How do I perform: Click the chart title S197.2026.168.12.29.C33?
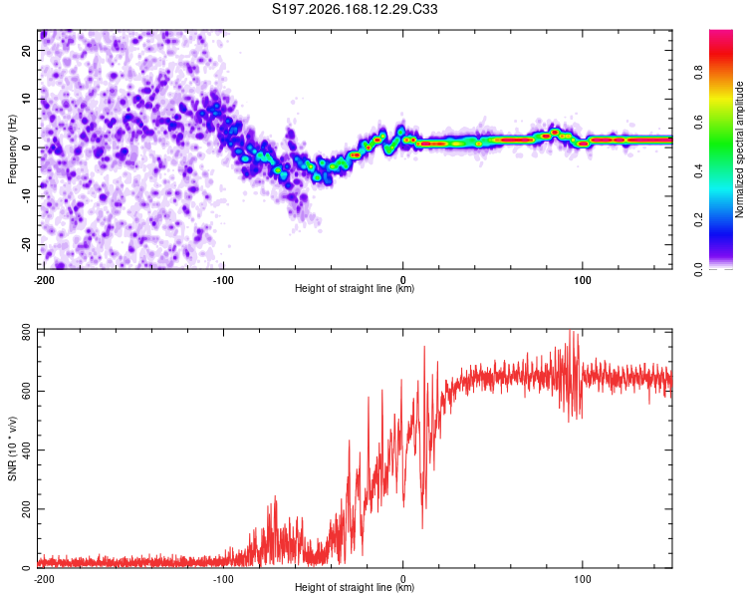[x=355, y=9]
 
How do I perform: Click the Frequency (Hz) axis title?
[x=12, y=149]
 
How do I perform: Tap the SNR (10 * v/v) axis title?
[x=12, y=448]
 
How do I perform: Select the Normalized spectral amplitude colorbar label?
[x=739, y=149]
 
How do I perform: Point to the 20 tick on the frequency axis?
[x=27, y=50]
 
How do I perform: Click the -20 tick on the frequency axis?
[x=27, y=245]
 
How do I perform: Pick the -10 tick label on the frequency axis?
[x=27, y=196]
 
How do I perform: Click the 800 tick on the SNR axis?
[x=27, y=333]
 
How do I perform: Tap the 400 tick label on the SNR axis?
[x=27, y=449]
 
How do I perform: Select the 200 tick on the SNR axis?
[x=27, y=509]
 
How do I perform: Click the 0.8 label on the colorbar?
[x=698, y=73]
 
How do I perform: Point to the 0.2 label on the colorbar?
[x=698, y=220]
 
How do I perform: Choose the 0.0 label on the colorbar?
[x=698, y=269]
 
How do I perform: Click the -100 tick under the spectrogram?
[x=223, y=280]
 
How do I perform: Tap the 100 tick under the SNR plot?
[x=583, y=579]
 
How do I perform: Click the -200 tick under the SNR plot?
[x=44, y=579]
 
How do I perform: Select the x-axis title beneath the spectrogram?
[x=355, y=288]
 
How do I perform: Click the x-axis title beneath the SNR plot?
[x=355, y=587]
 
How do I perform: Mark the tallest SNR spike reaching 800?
[x=571, y=331]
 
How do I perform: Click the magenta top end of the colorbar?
[x=721, y=32]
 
